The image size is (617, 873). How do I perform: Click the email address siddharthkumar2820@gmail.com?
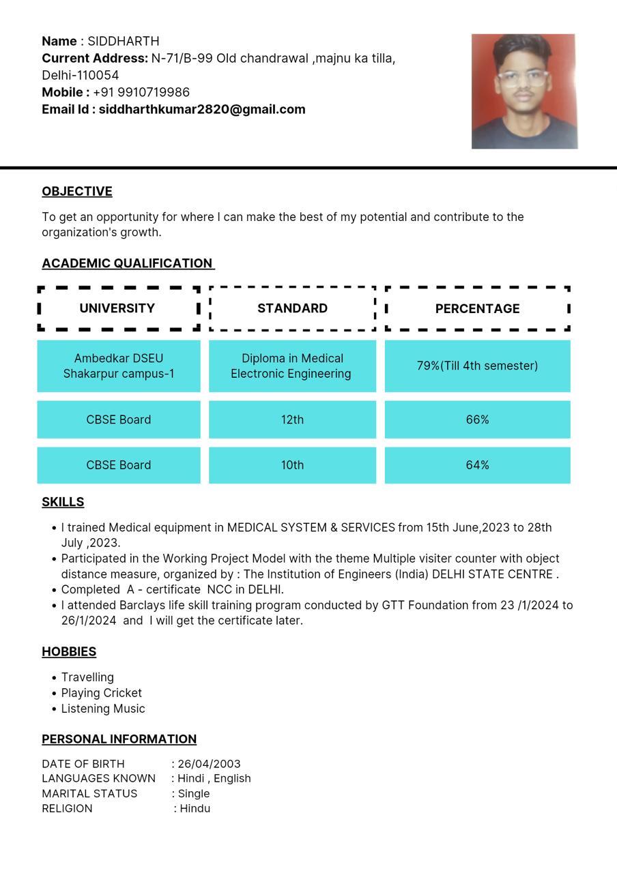(202, 109)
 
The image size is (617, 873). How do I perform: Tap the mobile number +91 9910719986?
(141, 92)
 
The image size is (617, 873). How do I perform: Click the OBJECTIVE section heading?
(77, 192)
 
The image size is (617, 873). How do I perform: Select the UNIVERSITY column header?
(117, 308)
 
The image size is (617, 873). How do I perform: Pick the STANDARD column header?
(292, 308)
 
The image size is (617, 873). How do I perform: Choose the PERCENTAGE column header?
(477, 309)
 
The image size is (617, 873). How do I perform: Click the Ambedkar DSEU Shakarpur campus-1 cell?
(119, 366)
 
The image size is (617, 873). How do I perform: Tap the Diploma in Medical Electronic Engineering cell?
(291, 366)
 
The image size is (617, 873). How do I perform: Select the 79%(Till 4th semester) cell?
(477, 366)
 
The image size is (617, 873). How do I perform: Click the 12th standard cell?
(292, 419)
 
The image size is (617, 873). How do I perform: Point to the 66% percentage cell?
(477, 419)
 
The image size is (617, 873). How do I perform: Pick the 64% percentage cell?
(477, 465)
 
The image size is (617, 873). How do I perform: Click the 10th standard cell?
(292, 465)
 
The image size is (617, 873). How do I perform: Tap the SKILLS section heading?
(63, 502)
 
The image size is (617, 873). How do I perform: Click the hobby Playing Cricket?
(102, 693)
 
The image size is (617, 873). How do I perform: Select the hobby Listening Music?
(103, 709)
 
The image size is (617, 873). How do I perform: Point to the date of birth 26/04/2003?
(209, 764)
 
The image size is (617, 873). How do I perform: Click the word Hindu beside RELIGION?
(195, 809)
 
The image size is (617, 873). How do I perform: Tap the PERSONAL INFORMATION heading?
(119, 739)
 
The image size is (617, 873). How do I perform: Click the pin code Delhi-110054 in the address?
(81, 75)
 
